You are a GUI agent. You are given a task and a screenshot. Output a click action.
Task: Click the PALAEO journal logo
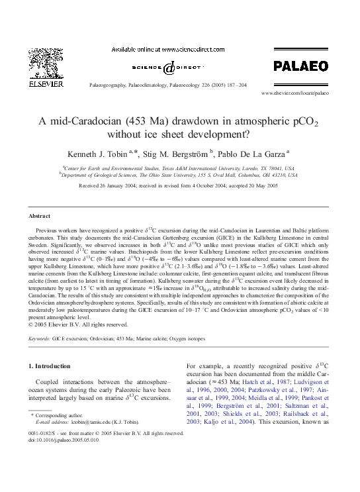click(x=300, y=66)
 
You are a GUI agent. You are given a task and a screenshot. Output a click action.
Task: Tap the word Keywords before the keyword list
click(x=40, y=338)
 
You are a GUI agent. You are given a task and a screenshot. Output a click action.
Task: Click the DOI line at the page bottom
click(x=61, y=440)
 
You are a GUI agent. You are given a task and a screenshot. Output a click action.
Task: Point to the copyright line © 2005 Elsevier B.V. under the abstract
click(x=79, y=324)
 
